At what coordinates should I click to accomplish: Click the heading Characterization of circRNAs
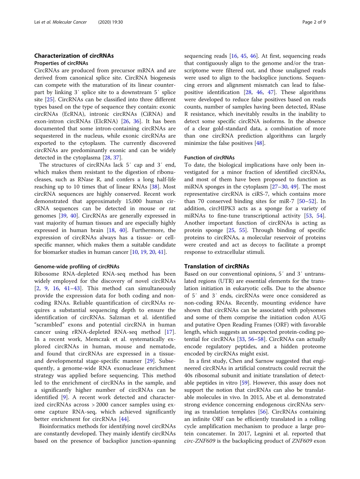74,56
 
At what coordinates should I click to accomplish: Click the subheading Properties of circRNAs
61,63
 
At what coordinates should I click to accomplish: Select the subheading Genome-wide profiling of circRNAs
77,267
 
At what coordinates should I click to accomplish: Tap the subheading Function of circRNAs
209,157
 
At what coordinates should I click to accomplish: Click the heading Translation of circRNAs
217,266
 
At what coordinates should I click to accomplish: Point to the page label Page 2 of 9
314,22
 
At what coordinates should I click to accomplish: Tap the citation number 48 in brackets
260,143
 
